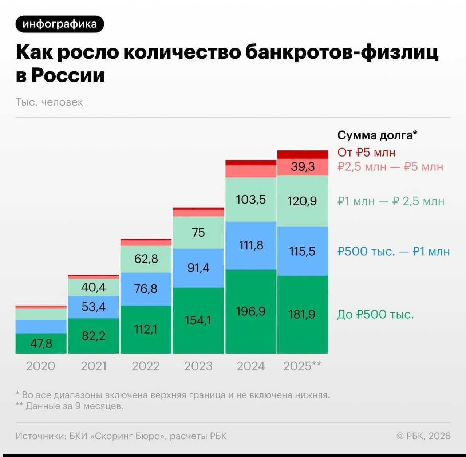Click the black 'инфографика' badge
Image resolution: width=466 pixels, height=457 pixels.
[60, 24]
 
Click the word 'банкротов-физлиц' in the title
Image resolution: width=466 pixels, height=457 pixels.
[341, 52]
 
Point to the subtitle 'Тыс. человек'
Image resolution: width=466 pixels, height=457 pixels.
[49, 102]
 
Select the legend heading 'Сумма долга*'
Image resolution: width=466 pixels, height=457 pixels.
[377, 135]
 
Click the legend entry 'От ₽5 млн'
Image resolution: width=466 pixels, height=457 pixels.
[366, 152]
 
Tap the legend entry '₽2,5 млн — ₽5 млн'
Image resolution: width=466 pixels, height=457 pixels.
[390, 167]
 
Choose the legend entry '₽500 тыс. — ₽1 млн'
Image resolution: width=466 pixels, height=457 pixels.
[393, 251]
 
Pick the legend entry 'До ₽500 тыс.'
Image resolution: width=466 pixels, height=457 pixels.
[375, 314]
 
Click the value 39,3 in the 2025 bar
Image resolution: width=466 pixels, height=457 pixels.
[303, 167]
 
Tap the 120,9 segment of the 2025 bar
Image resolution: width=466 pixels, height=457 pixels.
[302, 201]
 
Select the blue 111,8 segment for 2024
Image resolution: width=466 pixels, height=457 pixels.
[251, 245]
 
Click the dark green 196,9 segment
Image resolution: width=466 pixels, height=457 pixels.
[251, 311]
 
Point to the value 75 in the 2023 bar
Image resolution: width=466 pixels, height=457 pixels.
[198, 232]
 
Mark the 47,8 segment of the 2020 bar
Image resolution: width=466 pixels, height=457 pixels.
[41, 343]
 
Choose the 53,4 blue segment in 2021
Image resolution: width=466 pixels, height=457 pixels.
[94, 307]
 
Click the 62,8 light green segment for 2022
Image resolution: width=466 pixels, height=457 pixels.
[146, 259]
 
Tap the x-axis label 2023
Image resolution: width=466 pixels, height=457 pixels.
[198, 366]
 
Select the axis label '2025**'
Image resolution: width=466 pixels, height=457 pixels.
[302, 366]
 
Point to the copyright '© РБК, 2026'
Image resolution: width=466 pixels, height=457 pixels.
[423, 436]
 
